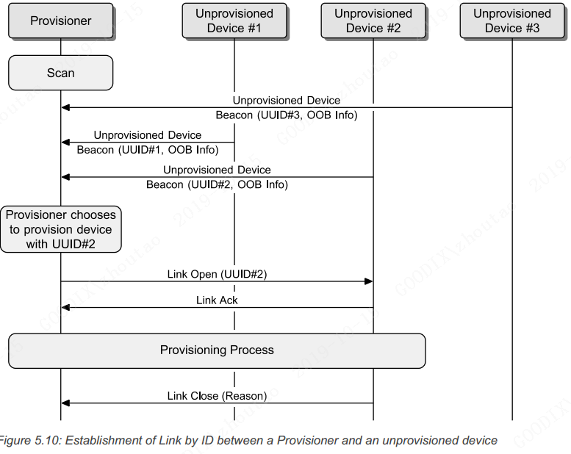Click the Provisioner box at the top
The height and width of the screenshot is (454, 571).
[61, 21]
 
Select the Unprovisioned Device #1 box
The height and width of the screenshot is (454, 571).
[234, 21]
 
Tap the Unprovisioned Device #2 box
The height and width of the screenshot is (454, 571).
[373, 21]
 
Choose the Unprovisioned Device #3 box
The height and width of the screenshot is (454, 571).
[512, 21]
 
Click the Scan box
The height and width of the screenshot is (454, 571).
[60, 73]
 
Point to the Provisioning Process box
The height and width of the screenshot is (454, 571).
[217, 350]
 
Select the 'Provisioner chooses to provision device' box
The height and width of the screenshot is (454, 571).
[61, 229]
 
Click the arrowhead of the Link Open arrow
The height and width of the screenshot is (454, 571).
[369, 281]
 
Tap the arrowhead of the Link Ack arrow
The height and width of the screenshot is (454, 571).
[65, 307]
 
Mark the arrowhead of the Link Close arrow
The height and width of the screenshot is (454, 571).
[65, 403]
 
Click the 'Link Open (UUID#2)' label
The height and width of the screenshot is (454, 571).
[217, 274]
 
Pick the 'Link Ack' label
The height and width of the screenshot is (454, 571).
[217, 300]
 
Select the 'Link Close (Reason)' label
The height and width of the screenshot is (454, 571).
[217, 396]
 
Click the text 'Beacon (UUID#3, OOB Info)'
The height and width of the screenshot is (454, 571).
[287, 115]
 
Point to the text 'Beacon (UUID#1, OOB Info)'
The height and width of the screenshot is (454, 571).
[148, 150]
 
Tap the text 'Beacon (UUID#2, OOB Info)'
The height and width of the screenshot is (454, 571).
[217, 184]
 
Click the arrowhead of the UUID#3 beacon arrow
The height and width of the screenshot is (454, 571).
[65, 108]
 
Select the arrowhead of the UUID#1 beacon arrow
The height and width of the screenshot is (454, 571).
[65, 143]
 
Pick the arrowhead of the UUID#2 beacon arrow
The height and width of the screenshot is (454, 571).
[65, 177]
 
